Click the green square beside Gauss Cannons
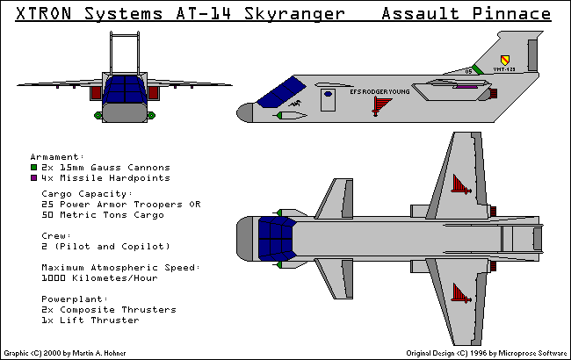[x=33, y=166]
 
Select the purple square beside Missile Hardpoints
[x=33, y=176]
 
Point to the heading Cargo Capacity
[x=87, y=193]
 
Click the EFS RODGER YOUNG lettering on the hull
[x=379, y=90]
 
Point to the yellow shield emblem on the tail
[x=503, y=60]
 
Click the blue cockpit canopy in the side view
[x=281, y=91]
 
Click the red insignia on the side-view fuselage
[x=380, y=104]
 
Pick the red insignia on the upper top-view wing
[x=458, y=184]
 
